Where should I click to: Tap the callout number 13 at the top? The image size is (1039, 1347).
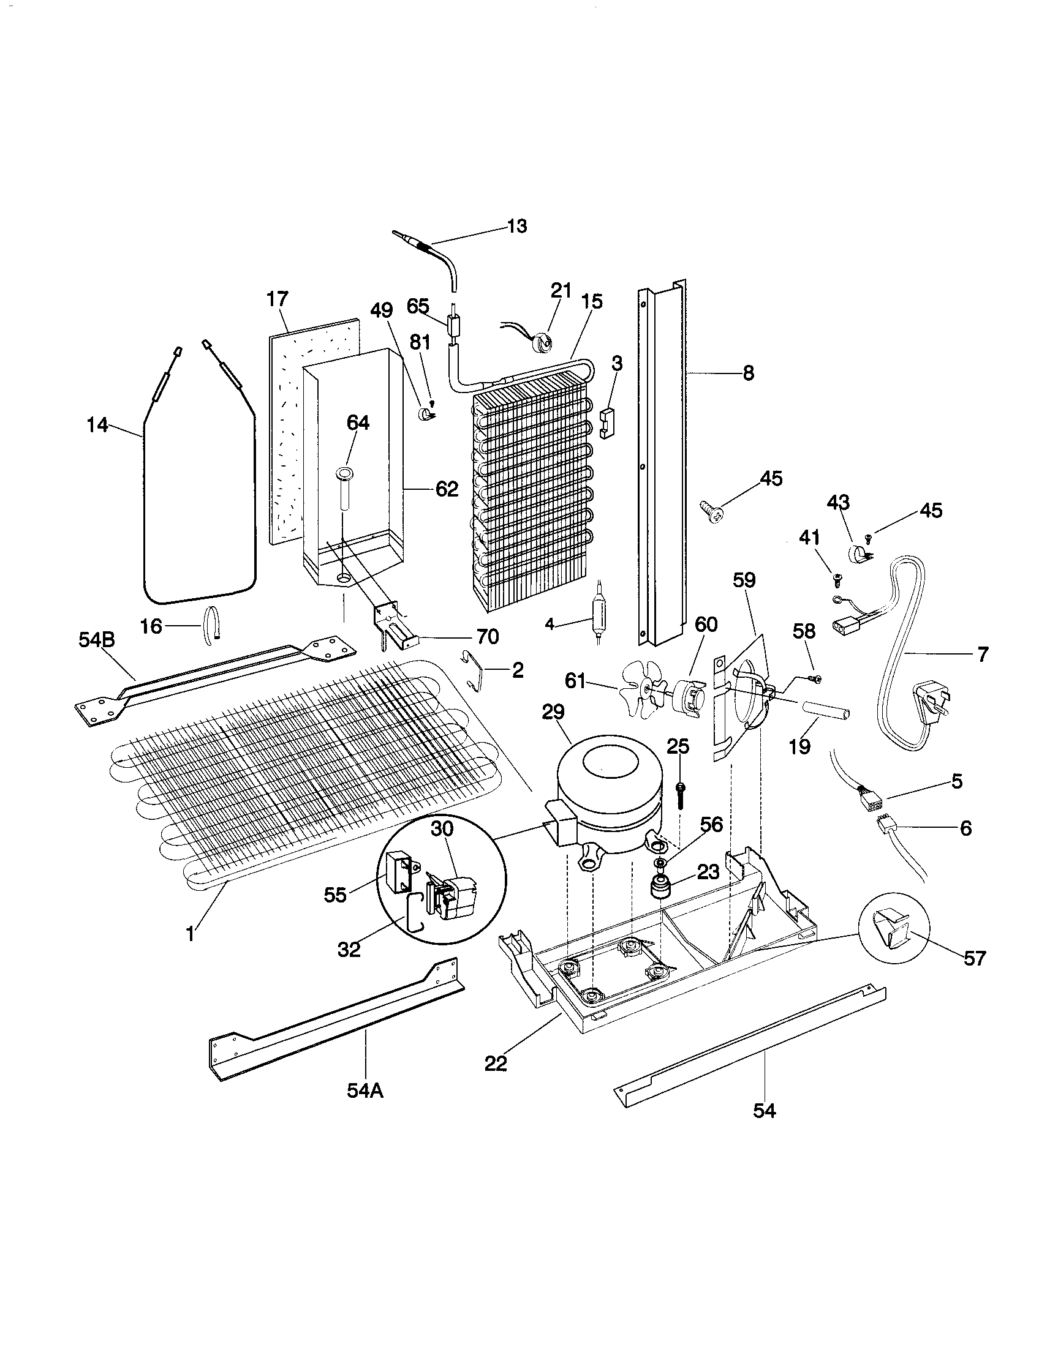517,227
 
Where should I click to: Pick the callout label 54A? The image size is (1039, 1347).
365,1090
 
